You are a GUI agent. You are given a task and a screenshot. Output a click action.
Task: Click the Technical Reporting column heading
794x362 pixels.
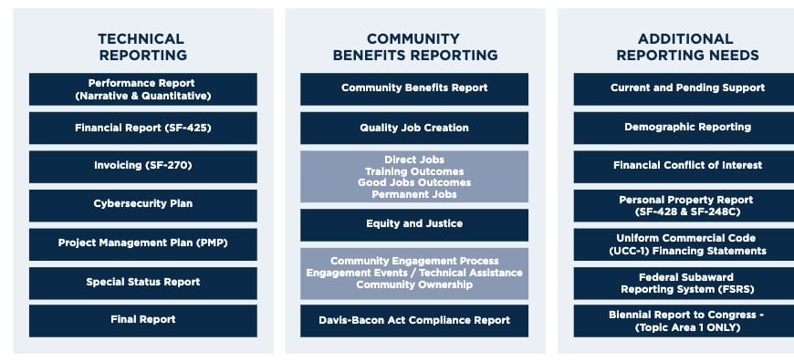coord(141,47)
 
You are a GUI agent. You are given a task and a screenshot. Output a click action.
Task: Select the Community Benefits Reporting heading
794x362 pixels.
coord(414,47)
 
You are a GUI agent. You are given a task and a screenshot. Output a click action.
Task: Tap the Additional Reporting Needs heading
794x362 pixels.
coord(687,47)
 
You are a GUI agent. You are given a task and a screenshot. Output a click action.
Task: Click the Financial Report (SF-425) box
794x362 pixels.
coord(142,128)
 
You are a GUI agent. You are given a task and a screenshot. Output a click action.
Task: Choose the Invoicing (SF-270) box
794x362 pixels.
coord(142,166)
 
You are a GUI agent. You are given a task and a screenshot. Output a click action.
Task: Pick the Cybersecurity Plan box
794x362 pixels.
coord(142,204)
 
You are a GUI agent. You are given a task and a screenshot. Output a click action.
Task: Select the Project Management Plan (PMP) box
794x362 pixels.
coord(142,243)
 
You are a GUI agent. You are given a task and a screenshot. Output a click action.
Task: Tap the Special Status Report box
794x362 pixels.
coord(142,282)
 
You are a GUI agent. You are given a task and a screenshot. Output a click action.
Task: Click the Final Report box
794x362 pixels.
coord(142,320)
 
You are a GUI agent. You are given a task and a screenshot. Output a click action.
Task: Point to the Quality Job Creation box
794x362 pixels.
coord(414,128)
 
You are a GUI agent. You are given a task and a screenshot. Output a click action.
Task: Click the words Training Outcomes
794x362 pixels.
coord(414,171)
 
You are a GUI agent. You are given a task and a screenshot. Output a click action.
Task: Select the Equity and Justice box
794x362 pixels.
coord(414,224)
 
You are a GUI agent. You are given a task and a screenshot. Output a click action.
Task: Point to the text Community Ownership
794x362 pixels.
coord(414,284)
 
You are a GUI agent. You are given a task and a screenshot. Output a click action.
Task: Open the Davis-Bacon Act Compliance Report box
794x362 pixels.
coord(414,320)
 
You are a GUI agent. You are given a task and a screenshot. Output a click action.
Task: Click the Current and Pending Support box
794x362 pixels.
coord(687,88)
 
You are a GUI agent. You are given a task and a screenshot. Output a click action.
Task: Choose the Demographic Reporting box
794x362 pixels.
coord(687,128)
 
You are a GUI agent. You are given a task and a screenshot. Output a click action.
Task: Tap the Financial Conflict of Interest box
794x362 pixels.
coord(687,166)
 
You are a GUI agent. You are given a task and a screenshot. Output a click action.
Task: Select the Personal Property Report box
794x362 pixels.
coord(687,205)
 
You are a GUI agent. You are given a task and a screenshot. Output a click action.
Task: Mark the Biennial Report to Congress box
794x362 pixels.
coord(687,321)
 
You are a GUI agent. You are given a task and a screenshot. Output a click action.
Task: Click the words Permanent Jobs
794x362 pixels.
coord(414,193)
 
